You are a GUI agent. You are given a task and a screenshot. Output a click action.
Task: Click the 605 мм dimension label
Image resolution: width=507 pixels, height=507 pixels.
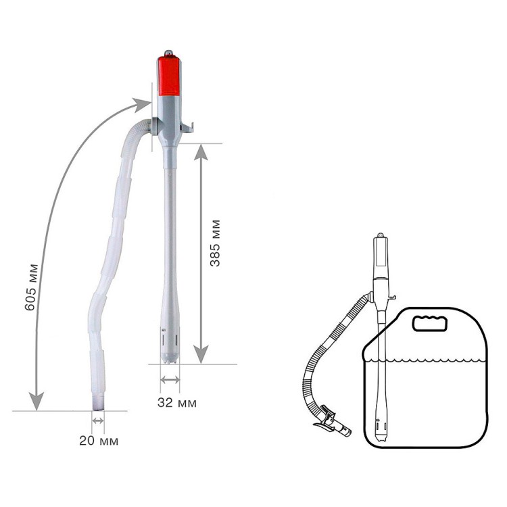(x=31, y=287)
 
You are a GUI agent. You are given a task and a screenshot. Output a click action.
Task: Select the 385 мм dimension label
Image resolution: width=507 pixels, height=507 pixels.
(x=215, y=243)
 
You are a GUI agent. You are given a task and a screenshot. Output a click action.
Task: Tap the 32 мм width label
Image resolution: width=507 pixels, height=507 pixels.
(x=177, y=403)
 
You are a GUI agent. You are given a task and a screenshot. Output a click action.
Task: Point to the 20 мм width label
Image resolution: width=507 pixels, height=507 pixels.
(x=99, y=441)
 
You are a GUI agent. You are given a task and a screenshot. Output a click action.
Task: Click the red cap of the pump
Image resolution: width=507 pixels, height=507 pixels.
(x=169, y=76)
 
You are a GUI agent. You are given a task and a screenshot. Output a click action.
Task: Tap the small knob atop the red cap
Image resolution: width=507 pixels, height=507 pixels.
(x=169, y=53)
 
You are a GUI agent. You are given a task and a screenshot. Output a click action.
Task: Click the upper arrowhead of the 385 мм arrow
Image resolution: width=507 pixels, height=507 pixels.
(x=201, y=151)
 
